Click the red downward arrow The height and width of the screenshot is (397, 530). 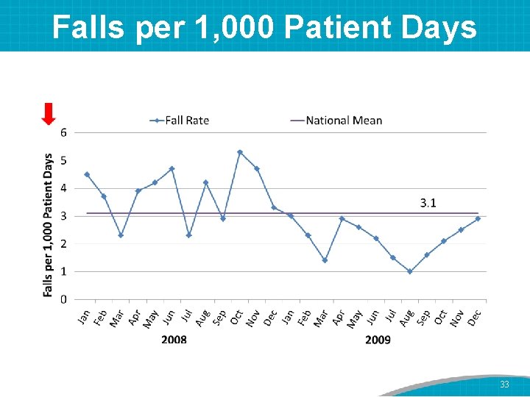point(49,115)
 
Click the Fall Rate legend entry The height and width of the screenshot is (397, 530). point(180,120)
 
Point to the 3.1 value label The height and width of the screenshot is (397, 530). point(428,203)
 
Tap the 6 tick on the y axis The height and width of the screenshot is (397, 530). point(64,132)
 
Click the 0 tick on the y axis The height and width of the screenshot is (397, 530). point(64,299)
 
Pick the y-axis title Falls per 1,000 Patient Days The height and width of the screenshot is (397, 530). point(49,225)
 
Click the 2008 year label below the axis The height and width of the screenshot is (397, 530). point(174,340)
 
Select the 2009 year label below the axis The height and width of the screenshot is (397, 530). point(378,340)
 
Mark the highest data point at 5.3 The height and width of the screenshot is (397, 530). point(240,152)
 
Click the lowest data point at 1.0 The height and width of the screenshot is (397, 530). point(410,271)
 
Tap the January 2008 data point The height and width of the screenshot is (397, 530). point(87,174)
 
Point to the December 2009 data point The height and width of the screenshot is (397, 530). point(478,218)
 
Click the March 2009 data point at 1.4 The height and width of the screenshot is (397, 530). point(325,260)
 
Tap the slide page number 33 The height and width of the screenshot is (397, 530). point(504,385)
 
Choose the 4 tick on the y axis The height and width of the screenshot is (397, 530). point(64,188)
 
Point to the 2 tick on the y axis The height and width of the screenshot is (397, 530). point(64,243)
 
